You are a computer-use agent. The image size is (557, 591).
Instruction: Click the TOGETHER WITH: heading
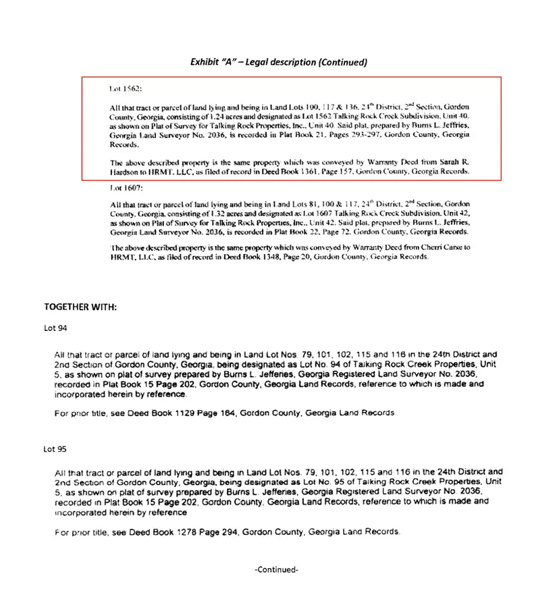coord(80,307)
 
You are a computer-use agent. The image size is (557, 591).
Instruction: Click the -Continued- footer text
coord(277,569)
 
